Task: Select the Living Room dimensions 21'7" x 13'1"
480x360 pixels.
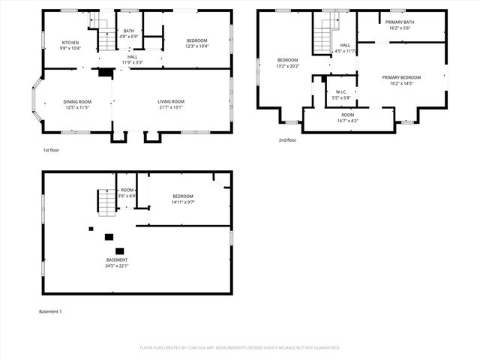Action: pos(171,107)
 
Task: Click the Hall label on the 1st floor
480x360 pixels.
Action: pos(132,57)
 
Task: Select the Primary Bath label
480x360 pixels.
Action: pos(399,22)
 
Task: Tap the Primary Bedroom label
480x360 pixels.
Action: pos(401,77)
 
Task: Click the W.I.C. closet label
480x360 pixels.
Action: pos(341,94)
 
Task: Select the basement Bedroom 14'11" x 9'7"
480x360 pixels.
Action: pos(183,196)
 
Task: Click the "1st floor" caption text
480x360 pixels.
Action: pos(51,150)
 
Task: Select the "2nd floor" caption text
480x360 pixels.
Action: pos(287,140)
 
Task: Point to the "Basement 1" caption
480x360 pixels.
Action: pos(49,310)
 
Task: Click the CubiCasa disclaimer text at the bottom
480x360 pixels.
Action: pos(240,348)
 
